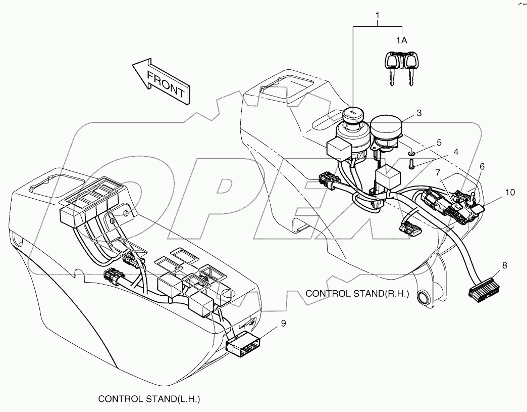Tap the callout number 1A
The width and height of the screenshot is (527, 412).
pyautogui.click(x=401, y=40)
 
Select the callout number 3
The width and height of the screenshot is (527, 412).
pyautogui.click(x=419, y=114)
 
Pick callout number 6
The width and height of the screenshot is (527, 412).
pyautogui.click(x=482, y=166)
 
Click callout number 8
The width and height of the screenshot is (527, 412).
pyautogui.click(x=504, y=265)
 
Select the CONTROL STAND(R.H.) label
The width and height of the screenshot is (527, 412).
pyautogui.click(x=357, y=293)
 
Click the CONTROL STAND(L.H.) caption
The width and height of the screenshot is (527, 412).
pyautogui.click(x=149, y=399)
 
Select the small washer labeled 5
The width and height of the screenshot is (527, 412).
pyautogui.click(x=411, y=152)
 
